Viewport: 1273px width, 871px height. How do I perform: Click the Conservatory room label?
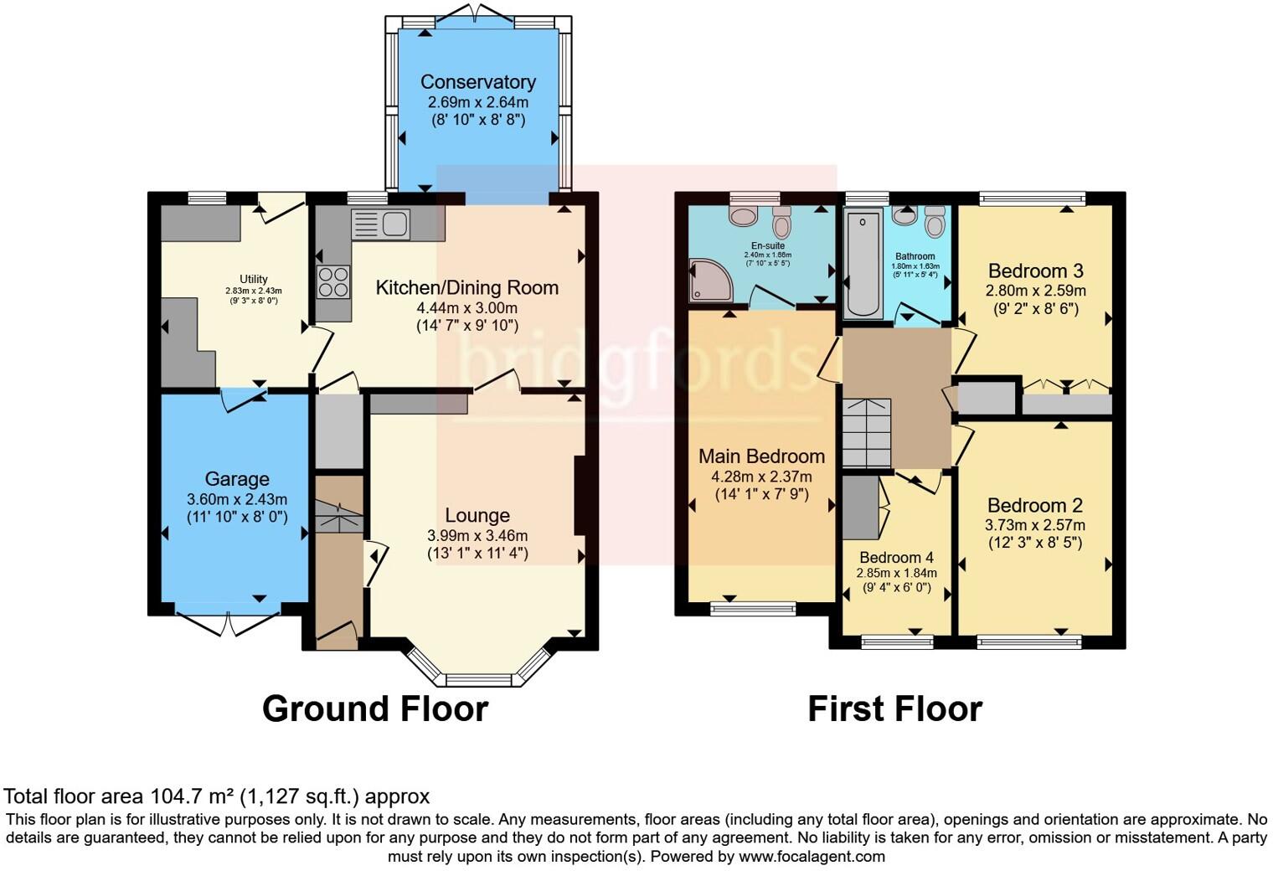[x=477, y=82]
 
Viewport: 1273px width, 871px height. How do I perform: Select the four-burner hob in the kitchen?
[x=332, y=281]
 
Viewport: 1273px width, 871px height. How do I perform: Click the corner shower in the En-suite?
[x=709, y=281]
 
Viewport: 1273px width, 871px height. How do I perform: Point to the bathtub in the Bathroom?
[x=863, y=263]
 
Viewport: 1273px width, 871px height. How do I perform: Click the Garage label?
[x=237, y=479]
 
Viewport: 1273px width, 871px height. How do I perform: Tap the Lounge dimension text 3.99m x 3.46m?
[x=477, y=536]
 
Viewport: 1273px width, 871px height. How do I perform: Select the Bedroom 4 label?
[x=896, y=558]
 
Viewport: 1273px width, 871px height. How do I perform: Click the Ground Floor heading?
[x=375, y=709]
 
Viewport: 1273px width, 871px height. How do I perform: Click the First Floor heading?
[x=894, y=709]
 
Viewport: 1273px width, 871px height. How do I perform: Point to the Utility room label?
[x=254, y=279]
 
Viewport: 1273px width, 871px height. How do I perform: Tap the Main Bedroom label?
[x=761, y=456]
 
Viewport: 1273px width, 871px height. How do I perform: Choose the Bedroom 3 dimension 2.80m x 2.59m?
[x=1036, y=291]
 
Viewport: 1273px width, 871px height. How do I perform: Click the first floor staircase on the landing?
[x=867, y=433]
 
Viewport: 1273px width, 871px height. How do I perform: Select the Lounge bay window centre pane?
[x=481, y=679]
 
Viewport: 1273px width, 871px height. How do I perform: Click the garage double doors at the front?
[x=227, y=624]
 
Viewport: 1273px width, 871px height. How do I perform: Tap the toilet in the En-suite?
[x=781, y=222]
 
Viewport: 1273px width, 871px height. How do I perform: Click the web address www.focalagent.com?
[x=812, y=857]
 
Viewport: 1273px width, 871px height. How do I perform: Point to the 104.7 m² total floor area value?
[x=193, y=796]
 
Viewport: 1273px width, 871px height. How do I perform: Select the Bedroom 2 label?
[x=1034, y=506]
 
